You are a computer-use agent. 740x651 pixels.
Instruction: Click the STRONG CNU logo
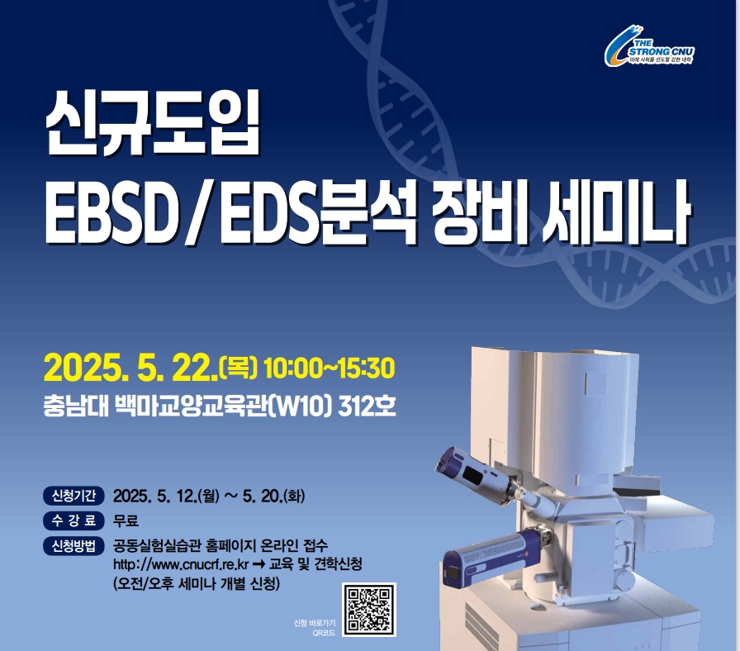[x=649, y=45]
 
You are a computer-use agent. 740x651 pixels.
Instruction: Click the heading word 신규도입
[x=153, y=124]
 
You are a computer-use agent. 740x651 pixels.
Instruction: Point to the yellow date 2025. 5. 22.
[x=130, y=368]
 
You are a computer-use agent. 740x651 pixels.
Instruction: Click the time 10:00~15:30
[x=329, y=368]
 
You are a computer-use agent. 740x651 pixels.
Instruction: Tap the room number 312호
[x=367, y=406]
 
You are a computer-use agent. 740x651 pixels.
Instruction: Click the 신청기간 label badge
[x=74, y=496]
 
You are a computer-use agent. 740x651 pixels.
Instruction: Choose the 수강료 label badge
[x=74, y=520]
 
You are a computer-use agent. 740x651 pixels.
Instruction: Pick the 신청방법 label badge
[x=74, y=546]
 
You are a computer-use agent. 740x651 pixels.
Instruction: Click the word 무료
[x=126, y=520]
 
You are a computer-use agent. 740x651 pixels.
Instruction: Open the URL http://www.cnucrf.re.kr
[x=181, y=564]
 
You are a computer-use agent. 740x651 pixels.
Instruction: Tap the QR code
[x=369, y=610]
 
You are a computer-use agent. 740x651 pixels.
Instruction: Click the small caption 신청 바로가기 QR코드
[x=315, y=628]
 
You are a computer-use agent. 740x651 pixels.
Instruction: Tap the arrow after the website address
[x=259, y=564]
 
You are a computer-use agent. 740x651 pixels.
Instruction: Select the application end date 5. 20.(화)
[x=274, y=497]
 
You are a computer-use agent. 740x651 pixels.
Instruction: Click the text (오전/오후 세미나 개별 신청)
[x=197, y=584]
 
